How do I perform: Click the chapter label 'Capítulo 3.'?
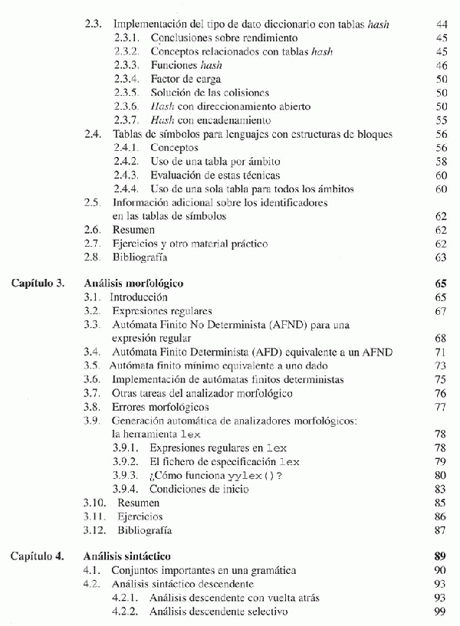(38, 284)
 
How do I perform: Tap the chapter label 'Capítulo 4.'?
(38, 556)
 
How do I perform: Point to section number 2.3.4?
(127, 79)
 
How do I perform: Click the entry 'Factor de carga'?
(186, 79)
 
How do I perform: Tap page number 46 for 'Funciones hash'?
(441, 65)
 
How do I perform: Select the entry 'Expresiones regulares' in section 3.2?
(161, 311)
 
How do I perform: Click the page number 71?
(441, 352)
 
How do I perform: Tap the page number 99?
(441, 611)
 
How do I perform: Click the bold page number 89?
(441, 556)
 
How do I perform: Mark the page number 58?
(441, 162)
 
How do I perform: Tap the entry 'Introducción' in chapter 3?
(139, 297)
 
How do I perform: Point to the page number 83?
(441, 489)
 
